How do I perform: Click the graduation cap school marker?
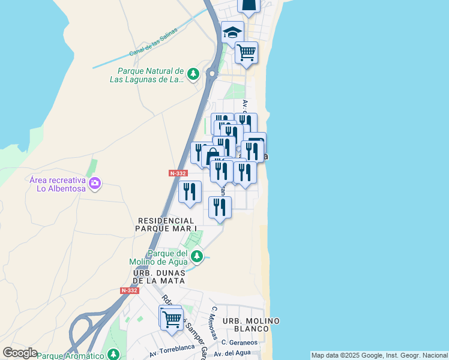pos(232,32)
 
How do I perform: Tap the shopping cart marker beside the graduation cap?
pos(246,53)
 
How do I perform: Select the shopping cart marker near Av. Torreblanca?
pos(172,319)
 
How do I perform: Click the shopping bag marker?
pos(213,157)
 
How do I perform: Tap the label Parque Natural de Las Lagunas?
pos(147,75)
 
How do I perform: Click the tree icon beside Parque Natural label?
pos(193,74)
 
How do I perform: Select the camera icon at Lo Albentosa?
pos(94,183)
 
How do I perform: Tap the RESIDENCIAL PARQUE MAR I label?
pos(166,225)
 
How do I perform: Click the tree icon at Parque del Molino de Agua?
pos(196,257)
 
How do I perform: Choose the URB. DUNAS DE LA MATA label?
pos(160,277)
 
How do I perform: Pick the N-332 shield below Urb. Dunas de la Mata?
pos(129,290)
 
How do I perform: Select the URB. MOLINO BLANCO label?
pos(251,325)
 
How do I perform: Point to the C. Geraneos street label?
pos(239,342)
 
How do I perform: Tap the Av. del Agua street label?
pos(231,353)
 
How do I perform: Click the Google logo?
pos(20,353)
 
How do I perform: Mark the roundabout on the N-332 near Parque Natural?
pos(212,74)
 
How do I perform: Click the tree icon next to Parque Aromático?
pos(112,355)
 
